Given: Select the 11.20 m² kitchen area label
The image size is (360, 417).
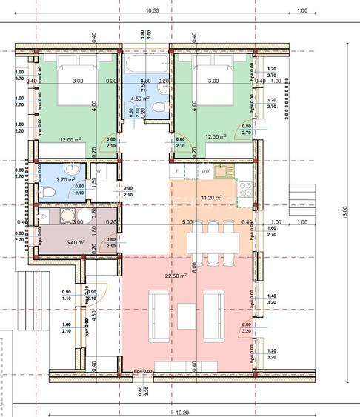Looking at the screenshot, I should click(213, 199).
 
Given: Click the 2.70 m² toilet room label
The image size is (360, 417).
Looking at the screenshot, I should click(67, 179).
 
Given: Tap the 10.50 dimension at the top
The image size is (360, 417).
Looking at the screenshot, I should click(153, 11).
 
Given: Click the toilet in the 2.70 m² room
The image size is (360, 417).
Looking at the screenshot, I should click(47, 192).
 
